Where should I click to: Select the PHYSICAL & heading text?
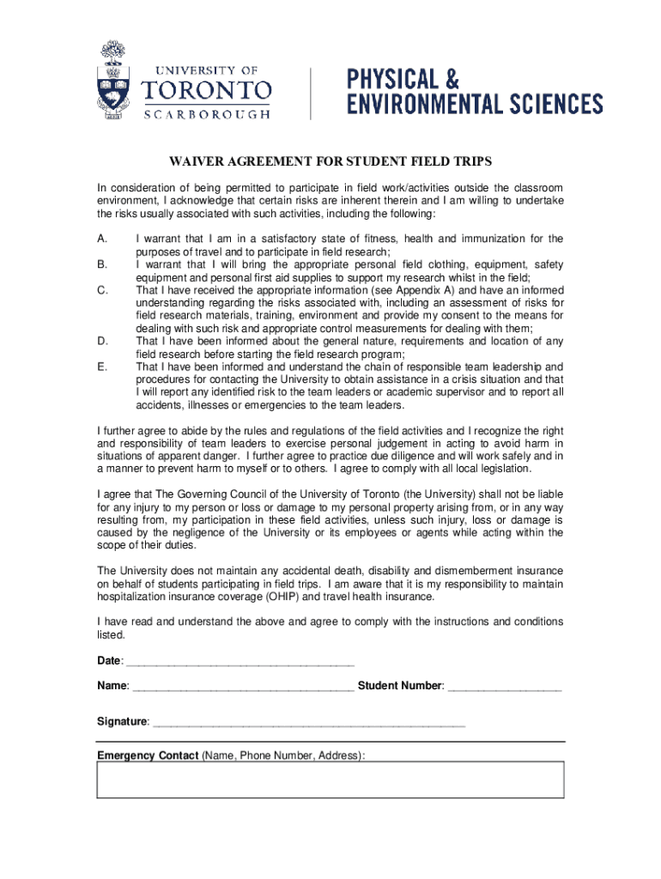point(403,80)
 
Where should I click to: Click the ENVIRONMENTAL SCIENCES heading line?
point(474,105)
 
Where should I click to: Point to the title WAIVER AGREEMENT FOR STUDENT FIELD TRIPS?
point(330,161)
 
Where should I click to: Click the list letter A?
point(102,239)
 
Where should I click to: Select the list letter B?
point(102,265)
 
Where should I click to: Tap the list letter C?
point(102,291)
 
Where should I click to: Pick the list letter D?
point(102,342)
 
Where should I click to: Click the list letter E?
point(102,367)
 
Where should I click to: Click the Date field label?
point(110,660)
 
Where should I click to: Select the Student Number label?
point(400,686)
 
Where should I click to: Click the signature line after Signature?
point(308,724)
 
